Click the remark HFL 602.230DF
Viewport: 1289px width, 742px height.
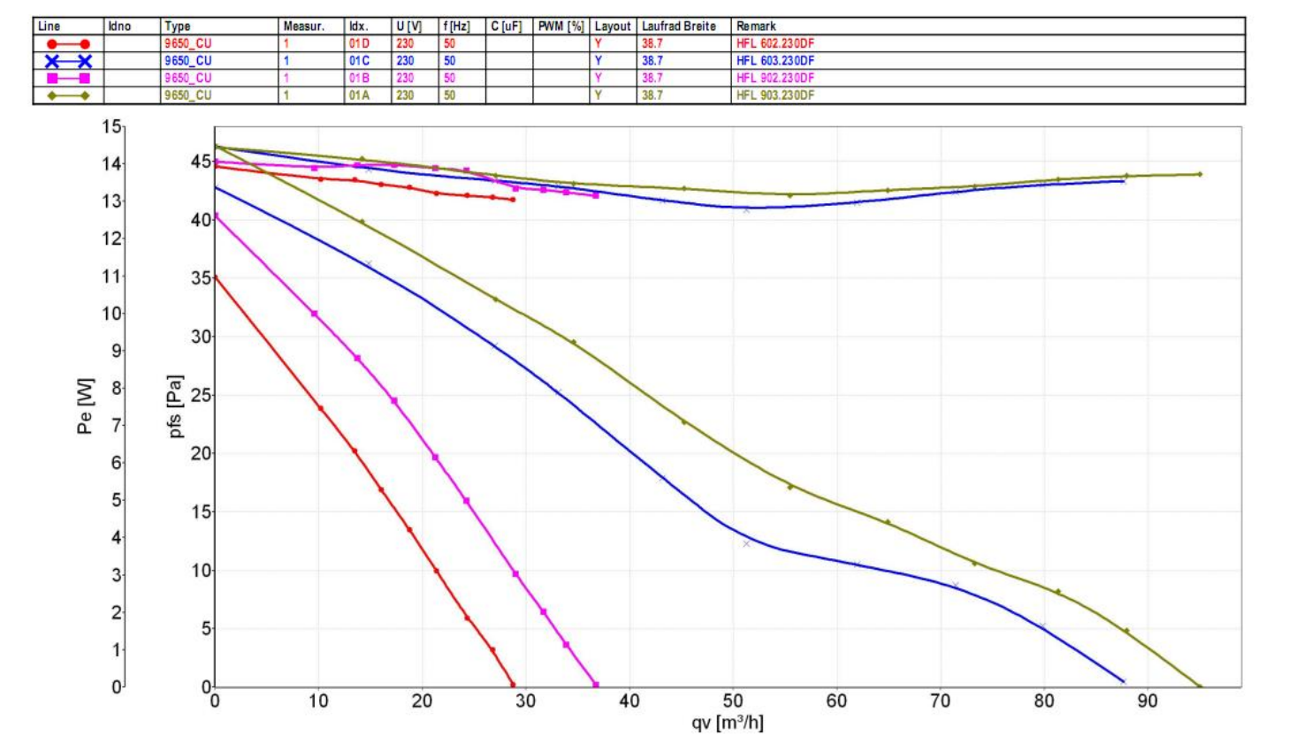click(x=774, y=43)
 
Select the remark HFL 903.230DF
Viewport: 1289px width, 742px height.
click(x=774, y=95)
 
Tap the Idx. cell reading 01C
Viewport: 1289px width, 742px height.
click(x=359, y=61)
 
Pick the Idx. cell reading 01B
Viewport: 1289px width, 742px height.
click(x=359, y=78)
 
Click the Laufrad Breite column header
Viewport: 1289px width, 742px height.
click(x=678, y=26)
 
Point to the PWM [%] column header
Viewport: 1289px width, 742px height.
click(x=561, y=26)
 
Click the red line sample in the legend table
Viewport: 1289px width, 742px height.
click(x=68, y=43)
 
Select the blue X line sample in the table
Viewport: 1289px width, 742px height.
click(x=68, y=61)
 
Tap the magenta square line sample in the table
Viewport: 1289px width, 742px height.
click(x=68, y=78)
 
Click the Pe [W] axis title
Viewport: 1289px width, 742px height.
click(x=85, y=406)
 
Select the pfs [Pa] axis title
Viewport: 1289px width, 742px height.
click(x=175, y=406)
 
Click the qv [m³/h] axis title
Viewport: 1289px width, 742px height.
click(x=727, y=723)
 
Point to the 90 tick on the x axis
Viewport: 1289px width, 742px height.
click(x=1148, y=701)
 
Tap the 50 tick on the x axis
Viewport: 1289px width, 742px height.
click(x=733, y=701)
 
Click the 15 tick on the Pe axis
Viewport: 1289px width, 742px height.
click(x=111, y=127)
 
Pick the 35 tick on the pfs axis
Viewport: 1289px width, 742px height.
click(x=202, y=278)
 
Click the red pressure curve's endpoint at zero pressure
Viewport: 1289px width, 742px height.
click(x=513, y=685)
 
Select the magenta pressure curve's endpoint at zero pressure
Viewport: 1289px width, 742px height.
click(x=596, y=685)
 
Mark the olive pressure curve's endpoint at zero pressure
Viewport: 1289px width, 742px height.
click(x=1200, y=686)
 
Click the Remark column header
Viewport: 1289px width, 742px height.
click(x=756, y=26)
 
